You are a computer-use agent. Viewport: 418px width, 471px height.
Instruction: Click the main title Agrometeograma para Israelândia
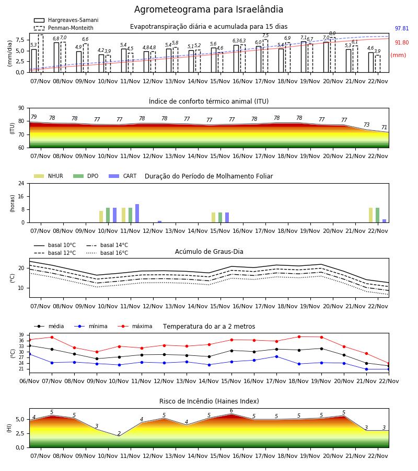point(208,9)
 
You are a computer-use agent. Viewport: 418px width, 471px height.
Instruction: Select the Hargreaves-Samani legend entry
point(66,20)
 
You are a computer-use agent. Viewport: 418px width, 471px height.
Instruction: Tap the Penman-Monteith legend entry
point(64,28)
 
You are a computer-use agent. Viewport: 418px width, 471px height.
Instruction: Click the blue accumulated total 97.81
point(402,29)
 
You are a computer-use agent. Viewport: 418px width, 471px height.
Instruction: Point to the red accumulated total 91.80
point(402,43)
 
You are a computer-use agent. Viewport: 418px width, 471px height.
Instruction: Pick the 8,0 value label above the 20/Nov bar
point(332,33)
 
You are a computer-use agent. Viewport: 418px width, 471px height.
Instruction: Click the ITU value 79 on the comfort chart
point(34,117)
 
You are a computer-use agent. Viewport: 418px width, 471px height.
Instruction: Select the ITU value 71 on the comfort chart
point(384,127)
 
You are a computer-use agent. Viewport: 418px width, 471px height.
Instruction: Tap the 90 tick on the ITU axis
point(21,108)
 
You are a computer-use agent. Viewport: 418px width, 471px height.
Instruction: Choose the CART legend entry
point(122,176)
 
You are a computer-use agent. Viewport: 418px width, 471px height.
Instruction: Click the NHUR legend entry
point(48,176)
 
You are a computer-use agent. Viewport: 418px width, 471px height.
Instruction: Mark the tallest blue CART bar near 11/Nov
point(137,214)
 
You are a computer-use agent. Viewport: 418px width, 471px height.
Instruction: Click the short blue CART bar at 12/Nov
point(159,222)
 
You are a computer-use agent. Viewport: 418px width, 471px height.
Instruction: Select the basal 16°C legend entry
point(107,253)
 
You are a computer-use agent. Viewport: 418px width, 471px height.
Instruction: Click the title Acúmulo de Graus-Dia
point(209,252)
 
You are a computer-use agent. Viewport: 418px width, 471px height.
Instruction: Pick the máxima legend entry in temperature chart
point(135,326)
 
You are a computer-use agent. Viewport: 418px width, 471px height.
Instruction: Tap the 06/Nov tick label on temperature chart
point(29,381)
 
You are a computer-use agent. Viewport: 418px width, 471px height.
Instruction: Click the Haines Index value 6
point(231,411)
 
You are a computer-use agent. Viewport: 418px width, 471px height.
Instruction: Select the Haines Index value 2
point(119,433)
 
